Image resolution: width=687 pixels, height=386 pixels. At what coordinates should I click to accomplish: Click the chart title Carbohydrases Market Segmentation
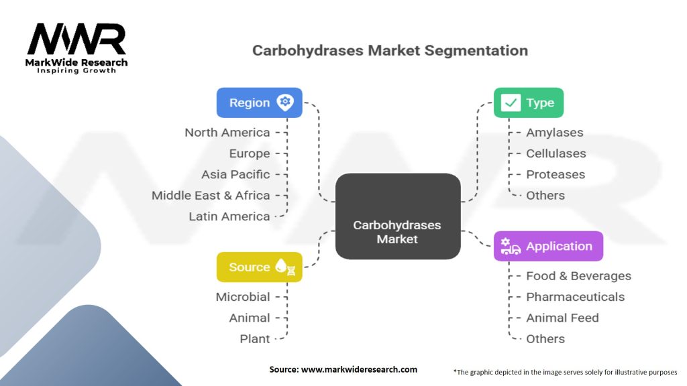390,50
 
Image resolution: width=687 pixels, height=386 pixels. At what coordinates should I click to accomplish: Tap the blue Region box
259,103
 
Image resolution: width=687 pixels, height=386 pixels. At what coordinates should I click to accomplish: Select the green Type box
528,103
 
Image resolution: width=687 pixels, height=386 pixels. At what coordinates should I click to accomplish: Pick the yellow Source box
259,267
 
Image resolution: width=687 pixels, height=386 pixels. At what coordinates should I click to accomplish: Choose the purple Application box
548,246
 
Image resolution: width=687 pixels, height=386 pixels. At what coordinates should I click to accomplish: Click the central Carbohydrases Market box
397,216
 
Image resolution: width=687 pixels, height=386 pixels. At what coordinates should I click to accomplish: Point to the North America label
227,133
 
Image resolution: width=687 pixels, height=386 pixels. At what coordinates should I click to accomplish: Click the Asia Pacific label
235,174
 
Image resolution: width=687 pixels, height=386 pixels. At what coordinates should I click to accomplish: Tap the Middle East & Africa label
211,195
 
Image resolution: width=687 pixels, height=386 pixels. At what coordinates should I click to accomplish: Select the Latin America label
229,216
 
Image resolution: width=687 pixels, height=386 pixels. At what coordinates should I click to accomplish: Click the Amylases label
554,133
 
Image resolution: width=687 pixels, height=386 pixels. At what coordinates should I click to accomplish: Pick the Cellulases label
556,153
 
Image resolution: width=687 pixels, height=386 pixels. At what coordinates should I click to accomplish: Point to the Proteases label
555,174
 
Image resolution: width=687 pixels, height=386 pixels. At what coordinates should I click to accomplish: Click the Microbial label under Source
242,297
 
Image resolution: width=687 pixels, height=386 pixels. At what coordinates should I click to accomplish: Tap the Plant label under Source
254,338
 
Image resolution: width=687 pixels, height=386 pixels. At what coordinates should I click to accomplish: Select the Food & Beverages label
578,276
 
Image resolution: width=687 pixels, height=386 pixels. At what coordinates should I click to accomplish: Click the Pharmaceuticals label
575,297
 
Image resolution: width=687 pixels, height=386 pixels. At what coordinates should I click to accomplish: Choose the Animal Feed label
562,318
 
